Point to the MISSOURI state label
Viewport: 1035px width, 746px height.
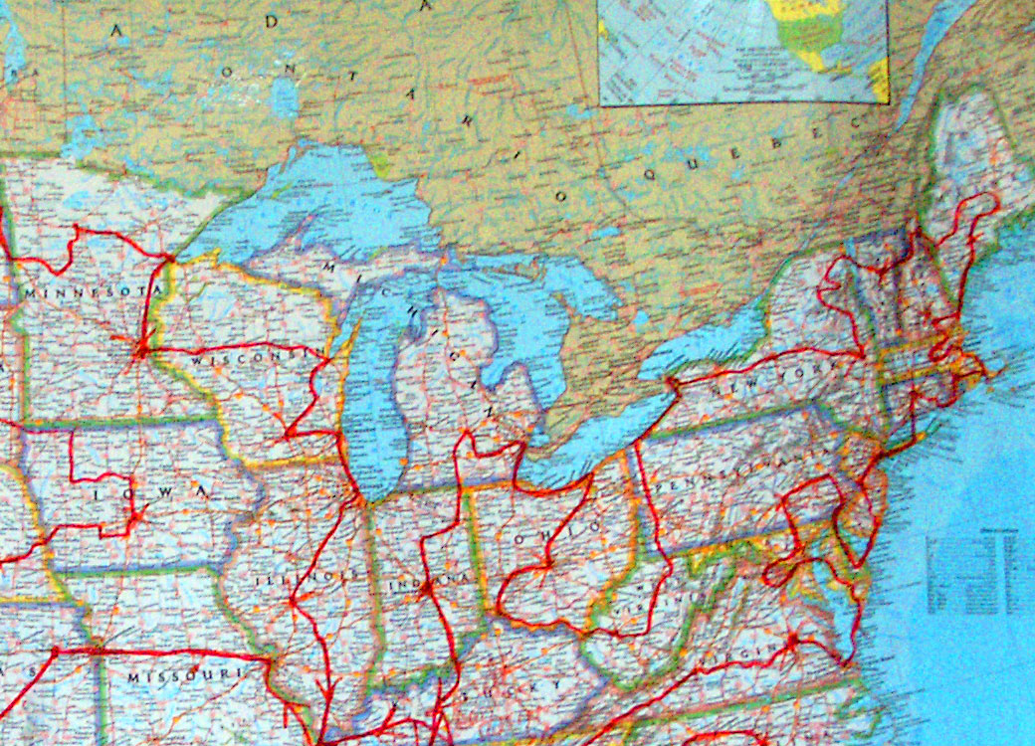(185, 676)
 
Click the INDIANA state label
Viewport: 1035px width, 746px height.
(427, 580)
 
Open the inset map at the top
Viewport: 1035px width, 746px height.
(742, 50)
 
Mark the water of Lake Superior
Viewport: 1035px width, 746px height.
(328, 199)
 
